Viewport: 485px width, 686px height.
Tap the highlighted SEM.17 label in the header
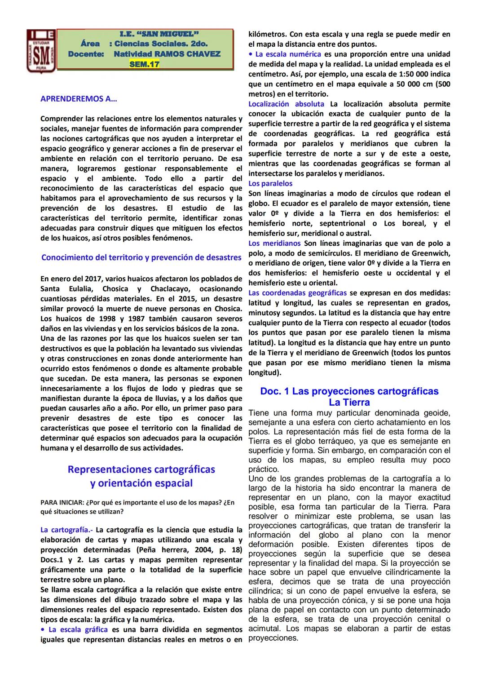144,64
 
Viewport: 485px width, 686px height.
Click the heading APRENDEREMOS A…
79,99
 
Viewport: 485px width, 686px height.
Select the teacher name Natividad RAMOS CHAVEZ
167,54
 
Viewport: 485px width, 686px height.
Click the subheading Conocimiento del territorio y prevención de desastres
141,257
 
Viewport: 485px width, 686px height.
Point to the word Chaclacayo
170,289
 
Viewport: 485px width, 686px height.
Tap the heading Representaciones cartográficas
141,469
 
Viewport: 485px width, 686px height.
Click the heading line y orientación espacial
141,483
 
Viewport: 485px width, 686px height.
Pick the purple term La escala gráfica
78,629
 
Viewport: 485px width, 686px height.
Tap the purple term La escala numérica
288,54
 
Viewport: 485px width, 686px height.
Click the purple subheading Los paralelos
270,183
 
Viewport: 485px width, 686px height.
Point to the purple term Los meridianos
274,243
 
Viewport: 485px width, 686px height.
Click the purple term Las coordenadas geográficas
297,293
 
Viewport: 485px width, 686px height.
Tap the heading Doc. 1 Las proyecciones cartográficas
349,391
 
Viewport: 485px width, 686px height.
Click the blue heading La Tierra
349,403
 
